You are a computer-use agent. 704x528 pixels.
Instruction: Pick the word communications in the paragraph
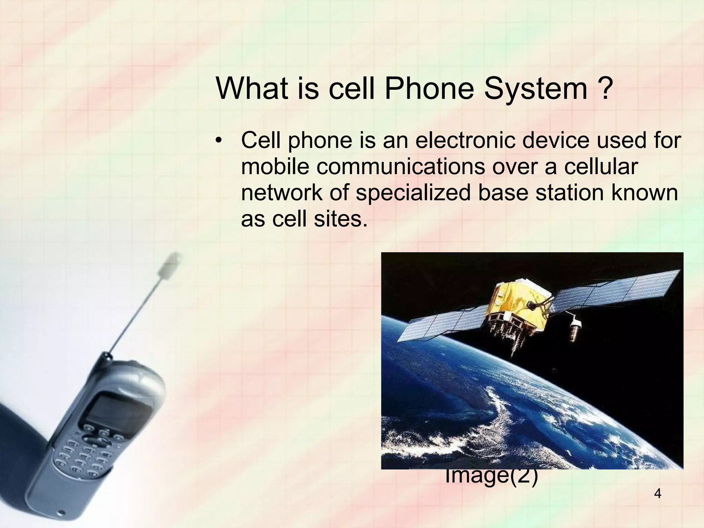[x=401, y=167]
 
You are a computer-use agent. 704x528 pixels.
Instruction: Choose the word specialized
[x=413, y=193]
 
